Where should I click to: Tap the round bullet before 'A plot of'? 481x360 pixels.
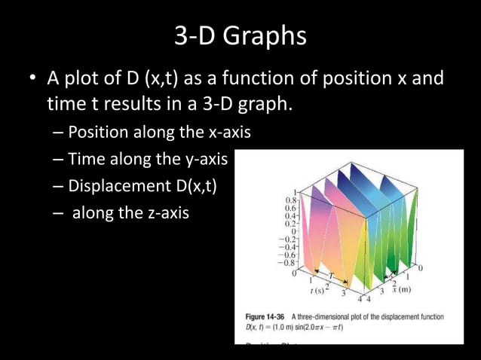click(32, 78)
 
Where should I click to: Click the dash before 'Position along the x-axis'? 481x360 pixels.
click(59, 133)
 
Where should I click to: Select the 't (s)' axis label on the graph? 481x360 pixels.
click(317, 289)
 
